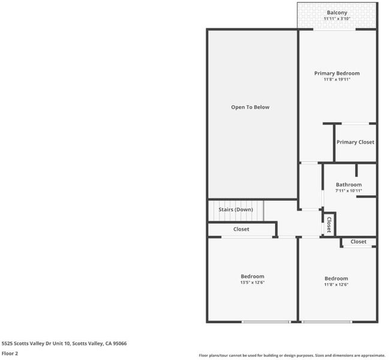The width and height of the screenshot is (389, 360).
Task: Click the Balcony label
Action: (337, 13)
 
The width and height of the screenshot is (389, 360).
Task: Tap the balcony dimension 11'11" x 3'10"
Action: (337, 19)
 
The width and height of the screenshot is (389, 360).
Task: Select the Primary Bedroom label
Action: (337, 73)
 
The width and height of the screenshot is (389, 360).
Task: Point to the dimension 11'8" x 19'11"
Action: (337, 79)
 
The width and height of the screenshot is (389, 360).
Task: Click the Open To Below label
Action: (251, 107)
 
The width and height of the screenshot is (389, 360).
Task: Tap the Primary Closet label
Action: (355, 142)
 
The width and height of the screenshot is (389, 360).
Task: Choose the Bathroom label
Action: (349, 185)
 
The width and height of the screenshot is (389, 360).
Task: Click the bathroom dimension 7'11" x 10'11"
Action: (349, 191)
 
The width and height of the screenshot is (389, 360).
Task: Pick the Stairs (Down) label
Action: (236, 209)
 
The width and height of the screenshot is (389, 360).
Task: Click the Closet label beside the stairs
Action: (241, 229)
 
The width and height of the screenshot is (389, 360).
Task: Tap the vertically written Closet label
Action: (329, 224)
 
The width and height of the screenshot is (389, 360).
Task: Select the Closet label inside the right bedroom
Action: (358, 242)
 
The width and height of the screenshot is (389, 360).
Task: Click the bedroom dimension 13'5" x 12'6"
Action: (252, 282)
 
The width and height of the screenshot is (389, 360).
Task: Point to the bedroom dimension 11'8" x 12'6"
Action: (336, 284)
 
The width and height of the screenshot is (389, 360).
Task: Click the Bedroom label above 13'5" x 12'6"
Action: (252, 277)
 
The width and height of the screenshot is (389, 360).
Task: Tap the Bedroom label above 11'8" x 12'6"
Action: (336, 278)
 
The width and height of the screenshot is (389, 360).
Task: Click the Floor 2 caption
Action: (10, 353)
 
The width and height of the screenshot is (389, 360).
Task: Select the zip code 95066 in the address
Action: (120, 343)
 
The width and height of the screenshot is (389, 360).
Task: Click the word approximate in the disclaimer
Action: (372, 356)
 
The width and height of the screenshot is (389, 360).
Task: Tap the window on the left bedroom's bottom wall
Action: (266, 322)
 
